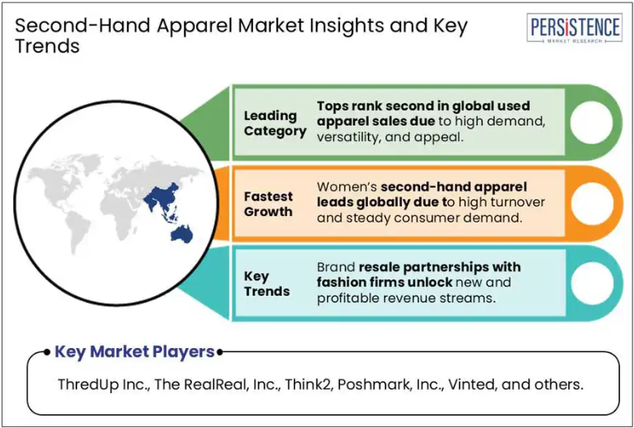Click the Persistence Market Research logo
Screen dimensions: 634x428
575,28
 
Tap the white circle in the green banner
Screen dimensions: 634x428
591,122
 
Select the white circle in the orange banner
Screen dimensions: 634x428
591,204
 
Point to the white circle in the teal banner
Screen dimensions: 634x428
591,284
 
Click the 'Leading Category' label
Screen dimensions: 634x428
275,123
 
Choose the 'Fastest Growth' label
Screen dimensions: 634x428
269,204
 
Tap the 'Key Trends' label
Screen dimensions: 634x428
267,284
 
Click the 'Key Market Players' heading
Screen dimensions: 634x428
134,351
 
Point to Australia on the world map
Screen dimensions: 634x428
181,233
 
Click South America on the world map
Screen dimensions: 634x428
78,231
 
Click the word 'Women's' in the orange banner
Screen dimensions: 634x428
347,187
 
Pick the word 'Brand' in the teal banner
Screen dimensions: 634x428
336,267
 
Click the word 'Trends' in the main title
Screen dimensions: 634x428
47,46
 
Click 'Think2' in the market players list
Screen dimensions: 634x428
309,384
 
